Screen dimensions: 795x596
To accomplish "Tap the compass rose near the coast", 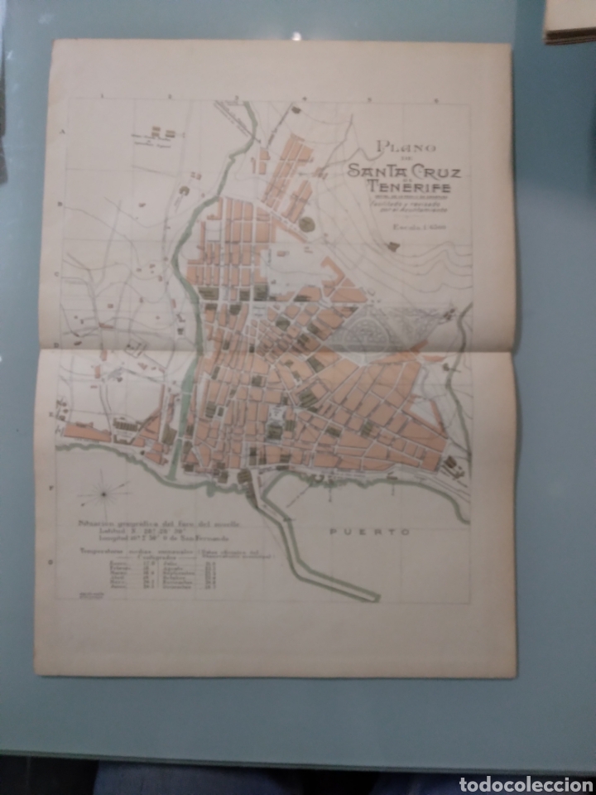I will [104, 494].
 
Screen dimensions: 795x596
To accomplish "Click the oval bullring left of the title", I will [307, 224].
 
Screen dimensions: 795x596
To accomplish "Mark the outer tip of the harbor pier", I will [377, 595].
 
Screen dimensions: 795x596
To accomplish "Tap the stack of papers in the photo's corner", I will [569, 21].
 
